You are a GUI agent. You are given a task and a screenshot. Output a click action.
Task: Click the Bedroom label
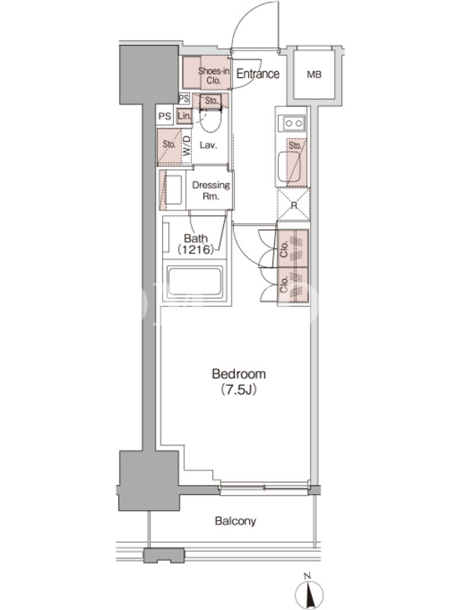tap(238, 374)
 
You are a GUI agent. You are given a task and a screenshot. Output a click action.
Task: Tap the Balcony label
tap(235, 521)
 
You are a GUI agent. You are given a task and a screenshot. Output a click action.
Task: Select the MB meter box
tap(314, 74)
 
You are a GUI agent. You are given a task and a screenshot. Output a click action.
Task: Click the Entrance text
tap(258, 73)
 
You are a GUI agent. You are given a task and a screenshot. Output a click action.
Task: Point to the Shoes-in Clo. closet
tap(206, 72)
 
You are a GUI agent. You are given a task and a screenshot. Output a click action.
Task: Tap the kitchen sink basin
tap(289, 166)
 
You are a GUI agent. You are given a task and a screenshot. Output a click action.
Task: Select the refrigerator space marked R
tap(294, 204)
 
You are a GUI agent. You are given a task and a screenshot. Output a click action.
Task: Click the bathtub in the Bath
tap(195, 281)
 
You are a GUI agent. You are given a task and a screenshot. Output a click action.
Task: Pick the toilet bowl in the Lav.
tap(210, 120)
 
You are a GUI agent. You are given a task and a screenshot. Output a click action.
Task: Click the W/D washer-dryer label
tap(187, 146)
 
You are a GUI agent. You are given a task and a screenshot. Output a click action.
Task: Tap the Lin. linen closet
tap(184, 116)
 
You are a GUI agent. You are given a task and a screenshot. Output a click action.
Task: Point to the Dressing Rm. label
tap(211, 190)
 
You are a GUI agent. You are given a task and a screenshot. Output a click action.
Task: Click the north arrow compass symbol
tap(309, 593)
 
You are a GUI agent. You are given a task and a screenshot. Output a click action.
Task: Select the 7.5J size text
tap(238, 390)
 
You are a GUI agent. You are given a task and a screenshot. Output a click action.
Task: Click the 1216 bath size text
tap(196, 249)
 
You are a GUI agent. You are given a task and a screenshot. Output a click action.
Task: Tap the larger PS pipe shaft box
tap(165, 116)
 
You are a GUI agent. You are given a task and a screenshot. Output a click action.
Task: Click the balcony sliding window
tap(264, 487)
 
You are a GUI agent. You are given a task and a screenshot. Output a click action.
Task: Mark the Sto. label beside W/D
tap(169, 144)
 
